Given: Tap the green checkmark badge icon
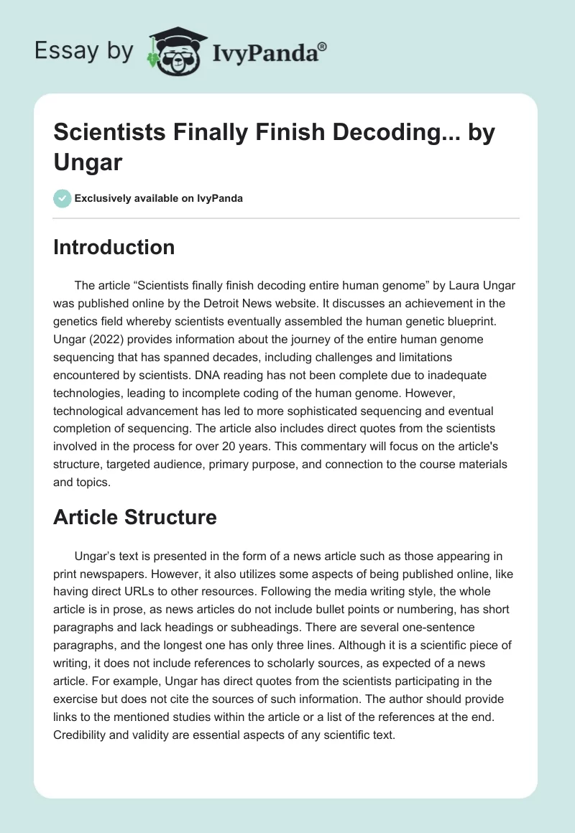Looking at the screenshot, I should (x=63, y=198).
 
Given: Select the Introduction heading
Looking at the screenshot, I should (x=114, y=247).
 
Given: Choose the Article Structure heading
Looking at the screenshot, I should (x=135, y=517).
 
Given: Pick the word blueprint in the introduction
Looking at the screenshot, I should (x=455, y=321).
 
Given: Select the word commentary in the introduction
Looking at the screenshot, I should (x=320, y=447).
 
